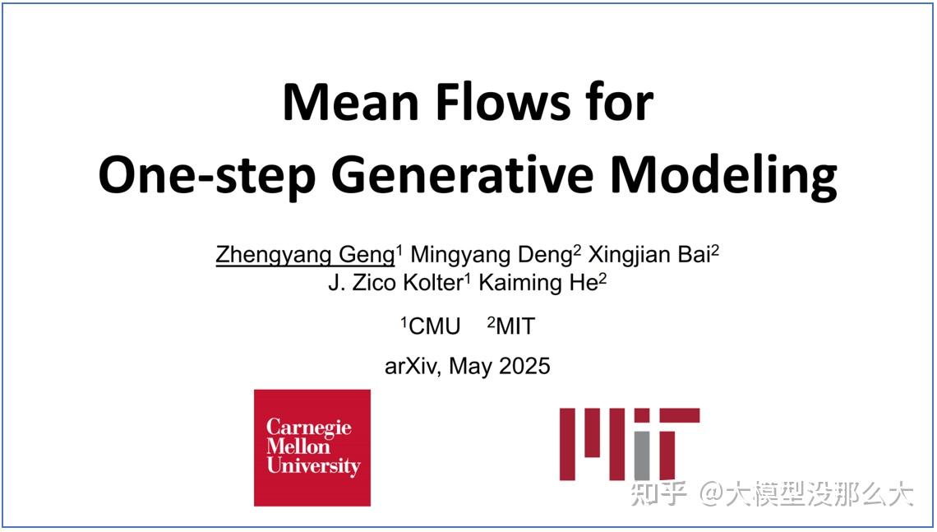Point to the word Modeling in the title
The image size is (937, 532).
coord(724,175)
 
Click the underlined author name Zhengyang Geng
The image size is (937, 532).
coord(305,255)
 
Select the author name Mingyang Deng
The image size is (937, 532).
coord(491,255)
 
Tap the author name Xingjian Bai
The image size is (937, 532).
coord(649,255)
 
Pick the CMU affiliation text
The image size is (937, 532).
coord(433,326)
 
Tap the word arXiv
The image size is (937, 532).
coord(413,365)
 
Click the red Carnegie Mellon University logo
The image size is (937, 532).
coord(312,447)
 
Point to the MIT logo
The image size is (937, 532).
coord(629,444)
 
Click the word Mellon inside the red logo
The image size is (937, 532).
coord(298,447)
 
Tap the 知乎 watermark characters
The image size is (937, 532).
coord(658,493)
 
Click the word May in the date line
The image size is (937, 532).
coord(470,366)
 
